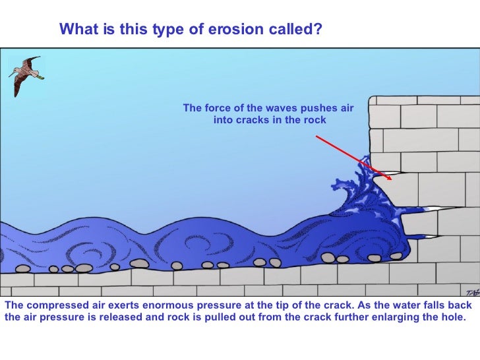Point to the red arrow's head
point(390,177)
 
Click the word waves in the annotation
point(282,108)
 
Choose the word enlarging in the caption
point(382,316)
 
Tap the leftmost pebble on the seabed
point(22,269)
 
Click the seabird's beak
point(40,77)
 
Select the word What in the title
point(73,30)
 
